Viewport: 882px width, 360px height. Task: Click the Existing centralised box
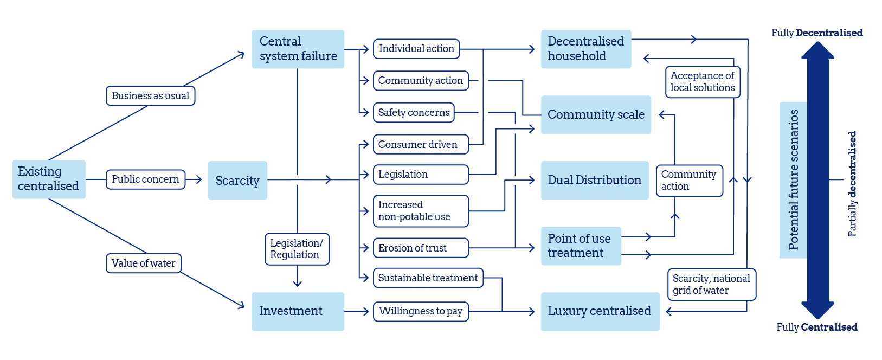[x=49, y=179]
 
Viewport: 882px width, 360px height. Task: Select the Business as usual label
[x=150, y=96]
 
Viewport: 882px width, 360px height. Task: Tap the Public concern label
[x=145, y=179]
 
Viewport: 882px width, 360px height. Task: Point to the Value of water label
[x=143, y=263]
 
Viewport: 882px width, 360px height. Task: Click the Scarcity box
[x=237, y=181]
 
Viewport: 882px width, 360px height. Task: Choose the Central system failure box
[x=298, y=49]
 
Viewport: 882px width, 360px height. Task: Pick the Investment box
[x=298, y=311]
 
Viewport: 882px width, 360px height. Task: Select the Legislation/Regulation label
[x=297, y=249]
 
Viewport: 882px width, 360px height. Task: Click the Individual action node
[x=416, y=49]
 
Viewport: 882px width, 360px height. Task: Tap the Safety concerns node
[x=414, y=113]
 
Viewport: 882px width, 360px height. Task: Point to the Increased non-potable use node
[x=421, y=211]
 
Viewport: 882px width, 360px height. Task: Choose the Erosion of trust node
[x=421, y=248]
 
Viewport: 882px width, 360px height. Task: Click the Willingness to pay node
[x=421, y=311]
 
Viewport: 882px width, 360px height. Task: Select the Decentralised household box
[x=586, y=49]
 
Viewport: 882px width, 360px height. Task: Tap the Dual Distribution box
[x=595, y=181]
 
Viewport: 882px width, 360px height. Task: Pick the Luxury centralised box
[x=600, y=311]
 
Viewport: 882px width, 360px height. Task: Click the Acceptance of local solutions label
[x=703, y=82]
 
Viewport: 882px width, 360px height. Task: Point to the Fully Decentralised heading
[x=817, y=33]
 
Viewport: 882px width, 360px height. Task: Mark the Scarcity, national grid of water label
[x=711, y=285]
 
